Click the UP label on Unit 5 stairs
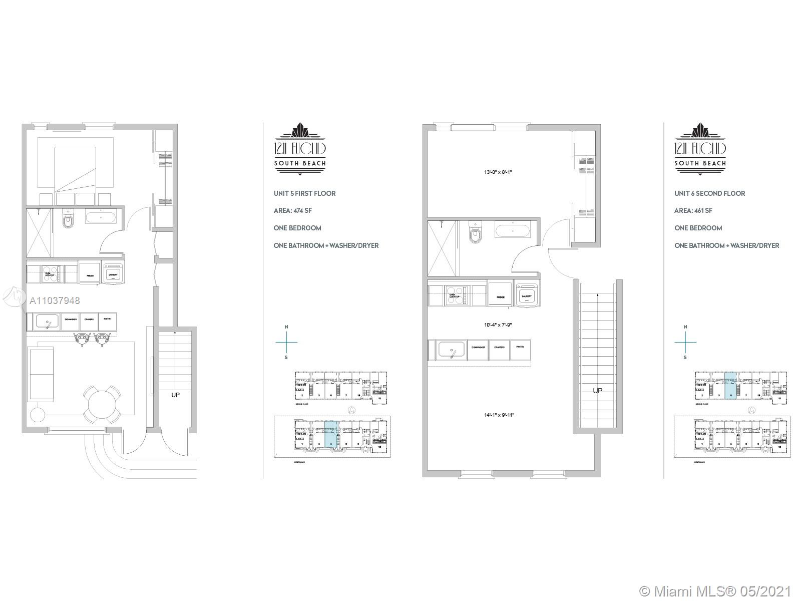click(175, 395)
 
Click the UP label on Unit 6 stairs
click(597, 390)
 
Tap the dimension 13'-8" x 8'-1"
click(498, 172)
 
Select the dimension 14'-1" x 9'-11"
click(499, 415)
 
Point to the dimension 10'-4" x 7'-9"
click(498, 325)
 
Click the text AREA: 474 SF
click(293, 210)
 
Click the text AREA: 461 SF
click(693, 210)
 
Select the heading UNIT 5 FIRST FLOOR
click(304, 193)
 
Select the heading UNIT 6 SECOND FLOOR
click(709, 193)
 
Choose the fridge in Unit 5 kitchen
click(90, 273)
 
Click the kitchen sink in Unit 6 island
click(453, 349)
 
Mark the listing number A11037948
click(55, 300)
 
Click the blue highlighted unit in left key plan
click(331, 434)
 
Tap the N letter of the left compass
click(286, 327)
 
